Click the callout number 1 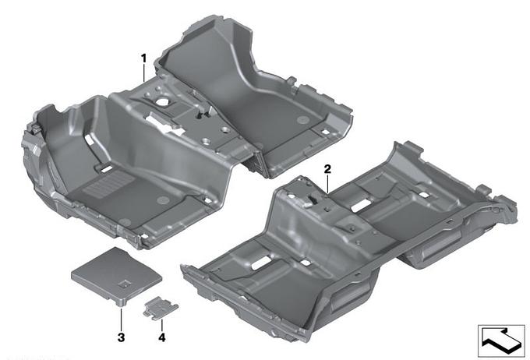pos(144,58)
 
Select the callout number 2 pos(327,169)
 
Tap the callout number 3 pos(121,337)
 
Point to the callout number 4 pos(162,337)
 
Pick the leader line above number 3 pos(121,318)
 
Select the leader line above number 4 pos(162,324)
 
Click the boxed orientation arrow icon pos(501,341)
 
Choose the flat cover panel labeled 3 pos(117,276)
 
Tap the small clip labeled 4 pos(161,308)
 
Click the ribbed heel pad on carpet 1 pos(108,185)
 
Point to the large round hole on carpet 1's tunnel pos(163,101)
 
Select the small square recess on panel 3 pos(125,284)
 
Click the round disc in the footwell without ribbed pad pos(302,120)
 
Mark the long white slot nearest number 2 pos(361,205)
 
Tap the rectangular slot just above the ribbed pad pos(107,168)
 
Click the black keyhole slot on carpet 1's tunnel pos(200,116)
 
